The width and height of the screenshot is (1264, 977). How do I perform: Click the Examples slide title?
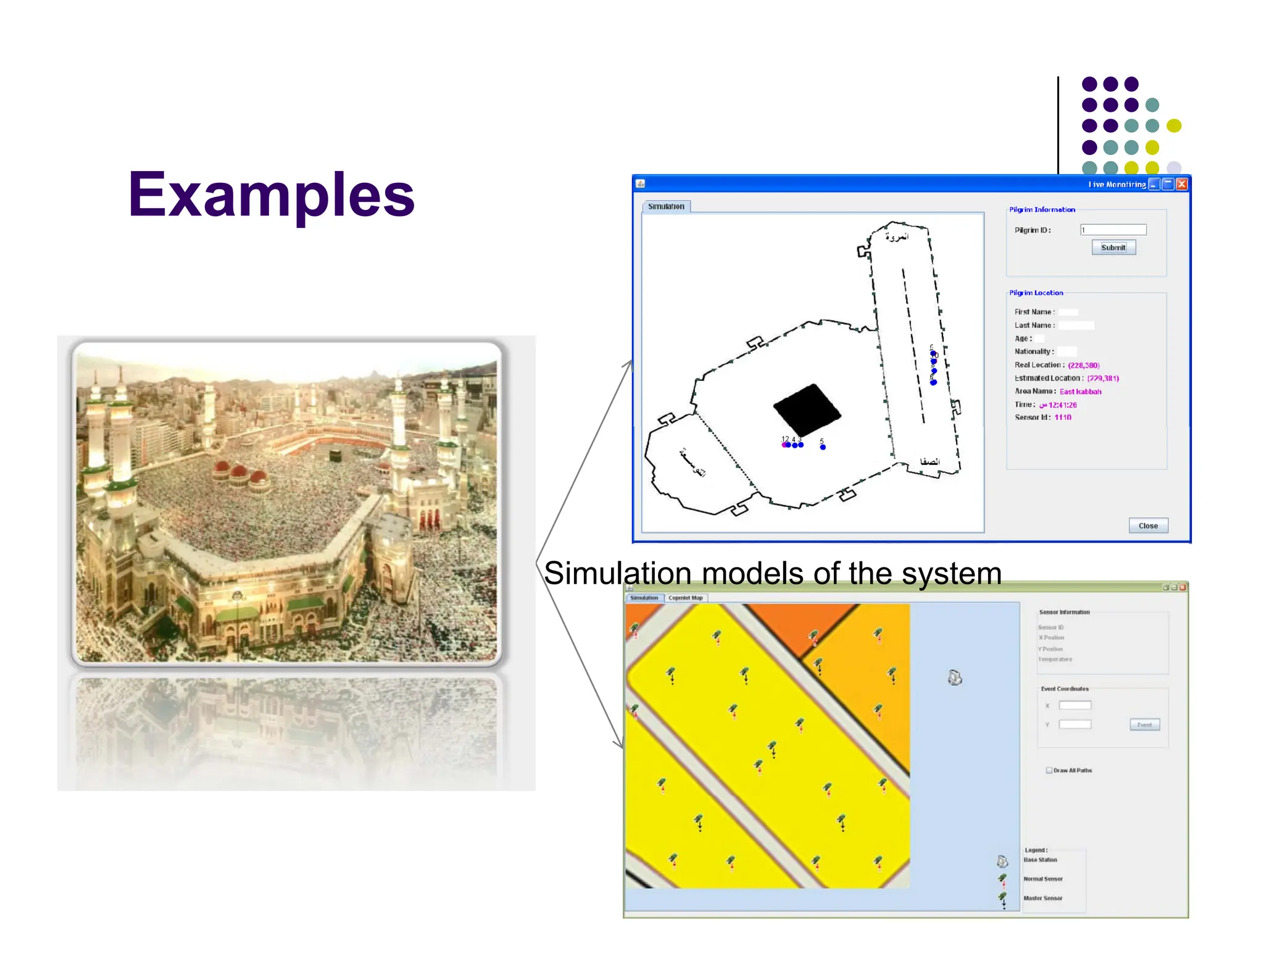point(271,195)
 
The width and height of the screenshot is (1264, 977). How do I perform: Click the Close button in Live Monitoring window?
point(1148,526)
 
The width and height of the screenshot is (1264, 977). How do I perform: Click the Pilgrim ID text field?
point(1113,230)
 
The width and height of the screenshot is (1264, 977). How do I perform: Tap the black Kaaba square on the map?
point(807,409)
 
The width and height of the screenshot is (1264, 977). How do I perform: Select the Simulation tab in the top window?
point(666,206)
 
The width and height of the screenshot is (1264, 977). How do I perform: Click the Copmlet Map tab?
point(685,598)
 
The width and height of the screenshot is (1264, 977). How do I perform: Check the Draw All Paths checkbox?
point(1049,770)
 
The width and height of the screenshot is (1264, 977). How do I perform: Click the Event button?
point(1144,724)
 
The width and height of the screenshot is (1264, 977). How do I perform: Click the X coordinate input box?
point(1075,705)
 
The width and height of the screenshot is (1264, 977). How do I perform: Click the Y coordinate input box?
point(1075,724)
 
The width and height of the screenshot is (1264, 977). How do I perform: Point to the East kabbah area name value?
point(1080,392)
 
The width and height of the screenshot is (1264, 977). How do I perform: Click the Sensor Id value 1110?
point(1063,417)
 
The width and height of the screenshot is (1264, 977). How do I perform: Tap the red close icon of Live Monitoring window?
point(1182,184)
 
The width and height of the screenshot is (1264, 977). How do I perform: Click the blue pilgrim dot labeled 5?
point(823,447)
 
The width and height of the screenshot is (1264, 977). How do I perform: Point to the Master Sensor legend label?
point(1043,898)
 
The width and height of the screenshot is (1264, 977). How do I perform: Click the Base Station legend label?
point(1041,860)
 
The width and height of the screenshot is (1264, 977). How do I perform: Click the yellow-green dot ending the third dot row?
point(1174,126)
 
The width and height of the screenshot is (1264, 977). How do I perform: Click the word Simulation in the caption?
point(617,573)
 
